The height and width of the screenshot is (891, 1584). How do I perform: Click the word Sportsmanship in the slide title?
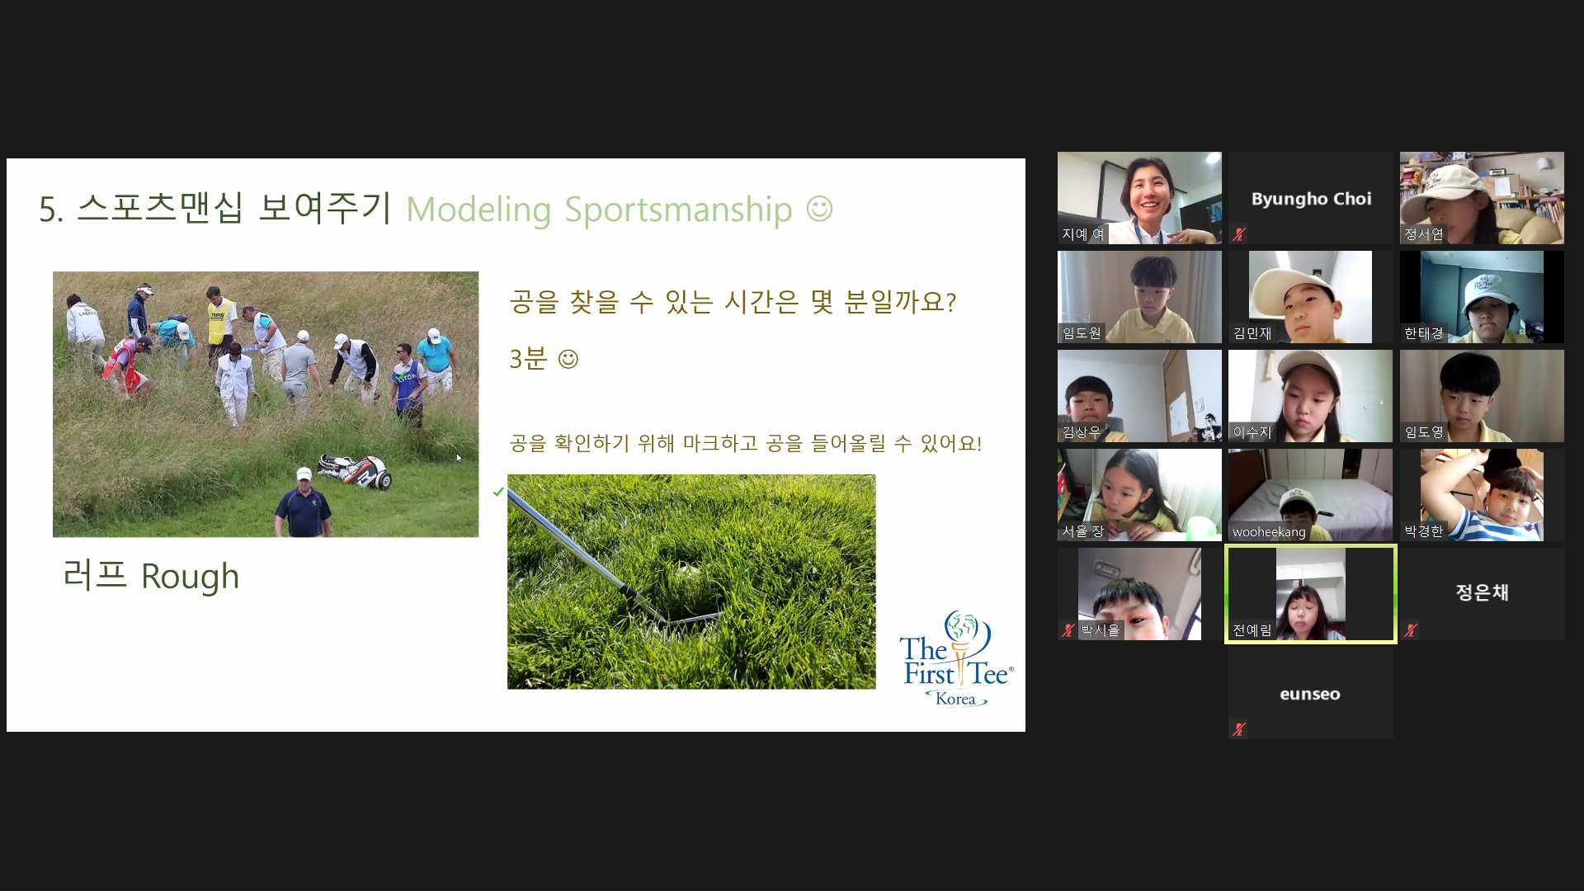678,210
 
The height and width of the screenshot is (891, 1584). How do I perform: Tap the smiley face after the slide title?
819,208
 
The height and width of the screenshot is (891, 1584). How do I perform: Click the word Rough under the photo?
190,576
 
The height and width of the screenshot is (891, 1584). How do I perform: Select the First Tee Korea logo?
957,658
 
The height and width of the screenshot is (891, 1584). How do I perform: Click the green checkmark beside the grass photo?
498,492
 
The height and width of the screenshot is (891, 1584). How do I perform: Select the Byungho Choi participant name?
1311,199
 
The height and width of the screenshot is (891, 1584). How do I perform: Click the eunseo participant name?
1310,694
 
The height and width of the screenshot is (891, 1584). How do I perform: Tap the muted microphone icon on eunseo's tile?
1239,729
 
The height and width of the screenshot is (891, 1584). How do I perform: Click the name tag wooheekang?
1269,532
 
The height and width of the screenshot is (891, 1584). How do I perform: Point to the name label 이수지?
1252,432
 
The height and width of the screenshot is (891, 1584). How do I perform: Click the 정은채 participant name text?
1482,592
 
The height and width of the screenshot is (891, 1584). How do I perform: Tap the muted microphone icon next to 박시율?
1068,630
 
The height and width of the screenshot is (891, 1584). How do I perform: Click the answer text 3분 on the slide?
528,359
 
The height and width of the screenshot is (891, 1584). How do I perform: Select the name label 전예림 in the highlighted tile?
1252,630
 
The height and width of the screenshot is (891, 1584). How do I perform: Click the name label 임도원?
1082,333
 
